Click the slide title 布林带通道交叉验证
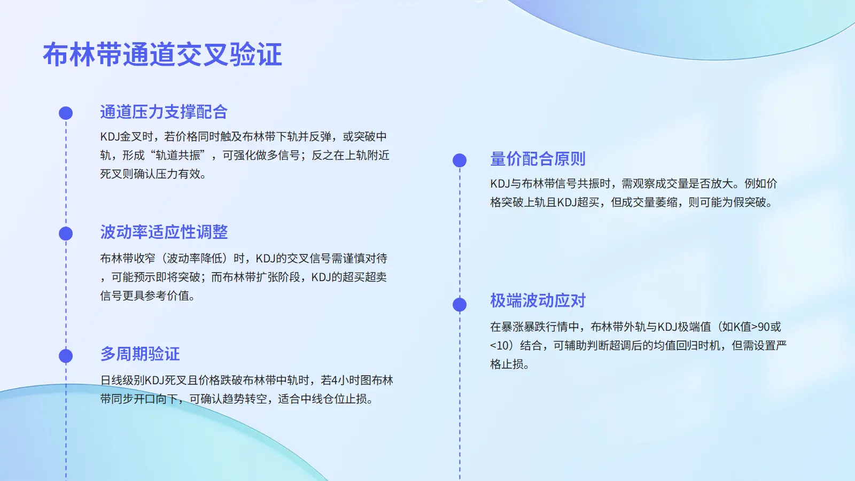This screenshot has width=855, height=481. pyautogui.click(x=162, y=55)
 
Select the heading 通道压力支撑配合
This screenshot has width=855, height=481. pyautogui.click(x=164, y=112)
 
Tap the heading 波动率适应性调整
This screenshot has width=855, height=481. pyautogui.click(x=164, y=232)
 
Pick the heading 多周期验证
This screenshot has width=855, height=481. pyautogui.click(x=139, y=354)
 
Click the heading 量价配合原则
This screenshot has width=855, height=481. pyautogui.click(x=538, y=159)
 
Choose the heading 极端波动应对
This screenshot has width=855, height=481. pyautogui.click(x=538, y=300)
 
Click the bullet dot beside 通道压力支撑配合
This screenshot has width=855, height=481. pyautogui.click(x=66, y=113)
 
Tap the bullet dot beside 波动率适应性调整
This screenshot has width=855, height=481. pyautogui.click(x=66, y=234)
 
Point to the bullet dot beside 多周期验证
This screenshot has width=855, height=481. pyautogui.click(x=66, y=356)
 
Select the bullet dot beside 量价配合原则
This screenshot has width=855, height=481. pyautogui.click(x=460, y=160)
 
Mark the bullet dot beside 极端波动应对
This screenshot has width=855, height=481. pyautogui.click(x=460, y=305)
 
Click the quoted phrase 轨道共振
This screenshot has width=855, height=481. pyautogui.click(x=178, y=156)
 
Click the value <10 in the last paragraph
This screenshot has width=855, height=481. pyautogui.click(x=499, y=346)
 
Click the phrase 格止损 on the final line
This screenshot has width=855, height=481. pyautogui.click(x=507, y=364)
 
